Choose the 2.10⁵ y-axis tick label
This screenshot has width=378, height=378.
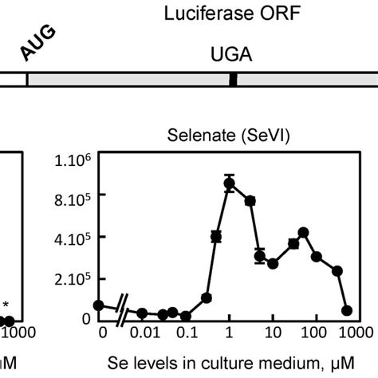pyautogui.click(x=74, y=279)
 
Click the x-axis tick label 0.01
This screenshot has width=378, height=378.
pyautogui.click(x=143, y=331)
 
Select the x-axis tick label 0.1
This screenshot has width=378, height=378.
pyautogui.click(x=186, y=331)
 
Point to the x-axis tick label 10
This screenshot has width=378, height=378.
pyautogui.click(x=272, y=331)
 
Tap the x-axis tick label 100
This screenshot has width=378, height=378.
pyautogui.click(x=316, y=331)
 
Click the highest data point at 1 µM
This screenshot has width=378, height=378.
pyautogui.click(x=230, y=184)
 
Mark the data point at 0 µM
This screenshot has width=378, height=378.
pyautogui.click(x=99, y=305)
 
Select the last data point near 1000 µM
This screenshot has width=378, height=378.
pyautogui.click(x=347, y=310)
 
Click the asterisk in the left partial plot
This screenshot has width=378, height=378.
pyautogui.click(x=6, y=304)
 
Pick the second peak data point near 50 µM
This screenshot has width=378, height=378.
pyautogui.click(x=303, y=232)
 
